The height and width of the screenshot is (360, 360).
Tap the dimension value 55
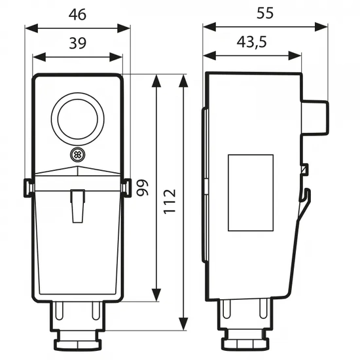pos(265,12)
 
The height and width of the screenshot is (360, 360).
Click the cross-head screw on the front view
pos(78,154)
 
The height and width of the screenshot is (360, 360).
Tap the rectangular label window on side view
pos(250,192)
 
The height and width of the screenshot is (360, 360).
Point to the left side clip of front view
pos(29,188)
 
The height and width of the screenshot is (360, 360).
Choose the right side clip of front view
pos(126,188)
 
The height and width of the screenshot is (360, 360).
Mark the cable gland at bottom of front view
pos(77,327)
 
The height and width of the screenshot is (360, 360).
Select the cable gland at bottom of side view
pos(243,327)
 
